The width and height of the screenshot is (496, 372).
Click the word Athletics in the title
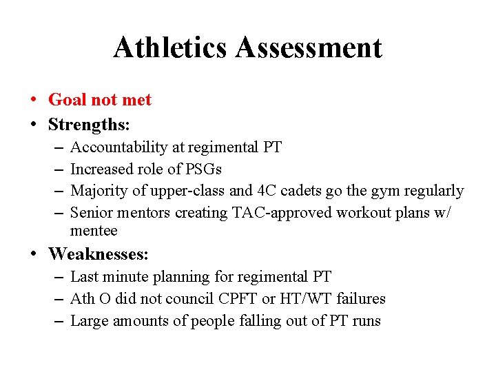171,48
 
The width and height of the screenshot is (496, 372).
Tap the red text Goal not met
100,100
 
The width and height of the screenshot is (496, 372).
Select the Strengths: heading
89,125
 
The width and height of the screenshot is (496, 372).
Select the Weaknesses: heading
99,254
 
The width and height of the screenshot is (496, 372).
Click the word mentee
94,231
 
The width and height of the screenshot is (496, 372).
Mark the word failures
361,298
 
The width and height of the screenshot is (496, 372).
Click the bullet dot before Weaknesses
34,254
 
